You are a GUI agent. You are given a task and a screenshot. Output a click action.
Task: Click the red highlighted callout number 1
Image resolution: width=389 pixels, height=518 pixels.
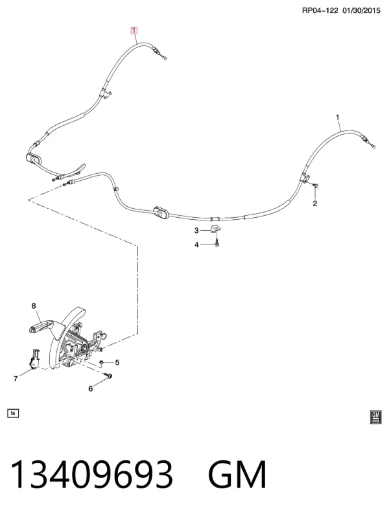(134, 30)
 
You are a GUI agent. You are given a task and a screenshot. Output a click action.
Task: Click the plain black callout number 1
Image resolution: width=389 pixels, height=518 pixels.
(337, 117)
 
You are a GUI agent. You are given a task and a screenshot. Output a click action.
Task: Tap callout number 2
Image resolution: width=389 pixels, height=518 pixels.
(314, 204)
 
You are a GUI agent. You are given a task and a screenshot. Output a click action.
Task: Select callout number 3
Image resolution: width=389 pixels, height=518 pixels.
(196, 230)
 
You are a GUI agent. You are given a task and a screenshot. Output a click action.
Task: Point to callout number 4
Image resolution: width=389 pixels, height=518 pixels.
(196, 245)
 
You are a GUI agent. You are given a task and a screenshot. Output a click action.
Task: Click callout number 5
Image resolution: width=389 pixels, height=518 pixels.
(117, 362)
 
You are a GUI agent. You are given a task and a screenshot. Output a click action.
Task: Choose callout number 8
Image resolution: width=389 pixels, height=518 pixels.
(33, 306)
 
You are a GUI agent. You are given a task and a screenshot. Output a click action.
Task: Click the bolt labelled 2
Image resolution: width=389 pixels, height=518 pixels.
(315, 186)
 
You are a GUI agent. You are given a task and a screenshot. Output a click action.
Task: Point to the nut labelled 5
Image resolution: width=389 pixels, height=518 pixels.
(102, 363)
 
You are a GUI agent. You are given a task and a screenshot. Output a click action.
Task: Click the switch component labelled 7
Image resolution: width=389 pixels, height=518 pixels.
(34, 359)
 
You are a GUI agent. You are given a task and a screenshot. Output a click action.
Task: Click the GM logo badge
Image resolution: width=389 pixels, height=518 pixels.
(376, 417)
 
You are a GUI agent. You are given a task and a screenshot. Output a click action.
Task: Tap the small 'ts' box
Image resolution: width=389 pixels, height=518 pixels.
(13, 413)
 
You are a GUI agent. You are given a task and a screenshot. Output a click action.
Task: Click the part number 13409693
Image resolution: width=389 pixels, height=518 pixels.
(92, 475)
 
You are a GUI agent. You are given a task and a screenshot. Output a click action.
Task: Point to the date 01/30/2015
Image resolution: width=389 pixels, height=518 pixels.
(361, 10)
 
